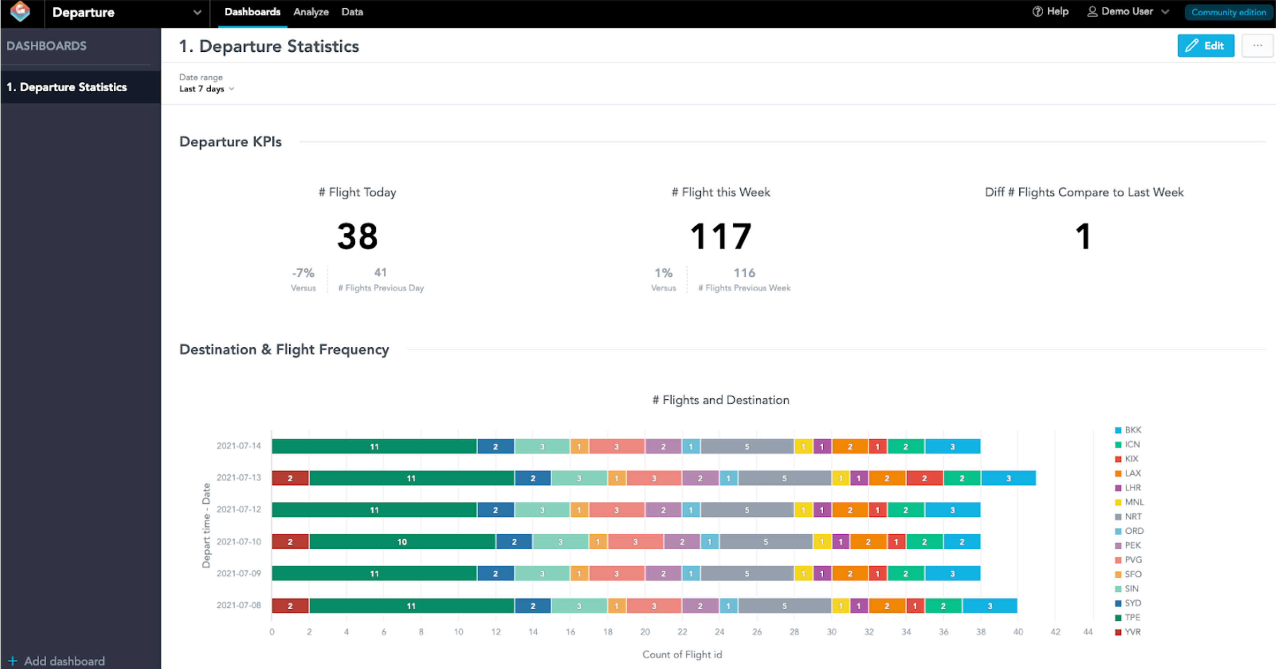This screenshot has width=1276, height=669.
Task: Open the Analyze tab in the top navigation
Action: (311, 12)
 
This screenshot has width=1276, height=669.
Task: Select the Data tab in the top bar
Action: (352, 12)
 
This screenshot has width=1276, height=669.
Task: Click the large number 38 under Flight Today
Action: (357, 236)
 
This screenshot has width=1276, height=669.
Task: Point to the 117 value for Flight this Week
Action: (721, 236)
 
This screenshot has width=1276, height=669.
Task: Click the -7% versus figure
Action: (303, 273)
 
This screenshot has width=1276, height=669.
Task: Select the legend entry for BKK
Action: (1132, 430)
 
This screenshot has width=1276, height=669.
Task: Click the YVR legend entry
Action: (1132, 632)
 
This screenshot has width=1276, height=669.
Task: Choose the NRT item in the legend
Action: (1132, 516)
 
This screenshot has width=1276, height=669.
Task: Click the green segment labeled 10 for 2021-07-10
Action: (402, 542)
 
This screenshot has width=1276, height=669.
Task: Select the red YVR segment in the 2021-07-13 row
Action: (290, 478)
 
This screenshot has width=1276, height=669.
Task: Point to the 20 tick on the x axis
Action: (644, 632)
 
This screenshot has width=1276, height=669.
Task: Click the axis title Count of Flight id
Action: (682, 654)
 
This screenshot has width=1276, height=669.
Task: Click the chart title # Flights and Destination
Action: (720, 400)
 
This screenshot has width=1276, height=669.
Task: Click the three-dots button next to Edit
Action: (1257, 46)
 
